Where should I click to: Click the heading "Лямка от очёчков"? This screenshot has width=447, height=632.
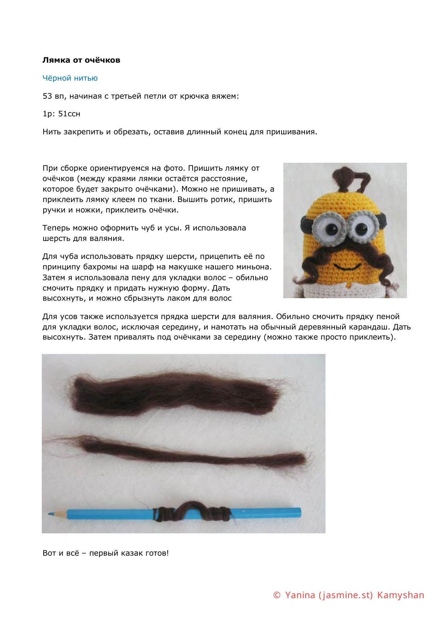click(x=81, y=60)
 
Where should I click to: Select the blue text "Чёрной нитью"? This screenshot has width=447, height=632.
click(x=70, y=78)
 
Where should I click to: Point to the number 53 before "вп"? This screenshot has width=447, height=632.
click(x=47, y=96)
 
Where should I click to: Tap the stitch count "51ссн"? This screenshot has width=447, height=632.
click(x=69, y=114)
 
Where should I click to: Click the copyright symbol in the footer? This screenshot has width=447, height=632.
click(x=277, y=595)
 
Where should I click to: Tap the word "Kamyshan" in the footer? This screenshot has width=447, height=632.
click(x=400, y=595)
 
